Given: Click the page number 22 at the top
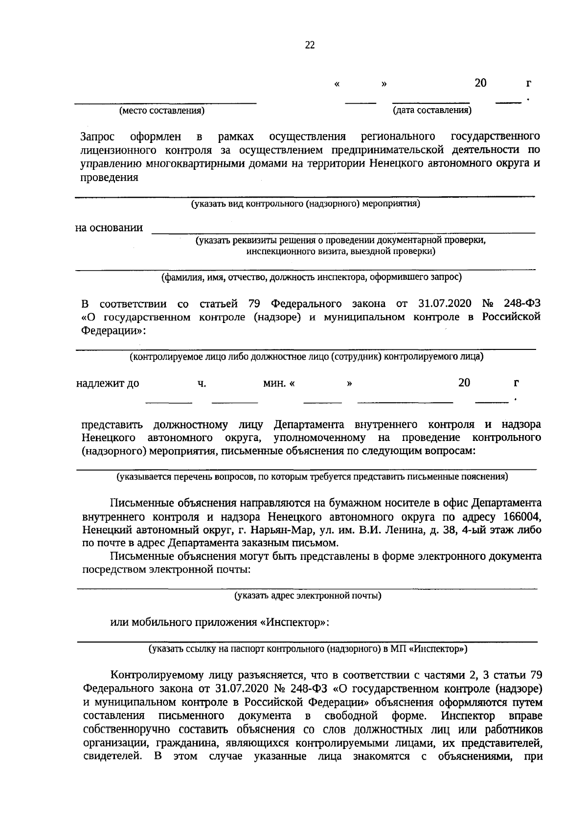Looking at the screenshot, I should click(x=310, y=46).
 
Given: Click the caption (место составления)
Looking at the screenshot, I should click(x=162, y=111).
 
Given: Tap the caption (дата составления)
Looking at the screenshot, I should click(x=432, y=111).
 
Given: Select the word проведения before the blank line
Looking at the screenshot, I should click(x=109, y=178).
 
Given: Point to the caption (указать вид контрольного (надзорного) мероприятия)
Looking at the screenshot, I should click(x=305, y=203).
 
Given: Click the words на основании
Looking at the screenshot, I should click(x=109, y=228).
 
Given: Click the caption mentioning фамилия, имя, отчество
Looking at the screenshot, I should click(x=312, y=277).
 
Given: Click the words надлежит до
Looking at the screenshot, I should click(x=108, y=384).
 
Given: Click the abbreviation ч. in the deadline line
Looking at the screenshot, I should click(x=202, y=384).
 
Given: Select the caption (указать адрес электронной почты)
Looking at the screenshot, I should click(x=308, y=596).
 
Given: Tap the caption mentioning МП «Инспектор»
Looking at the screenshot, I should click(x=308, y=649).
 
